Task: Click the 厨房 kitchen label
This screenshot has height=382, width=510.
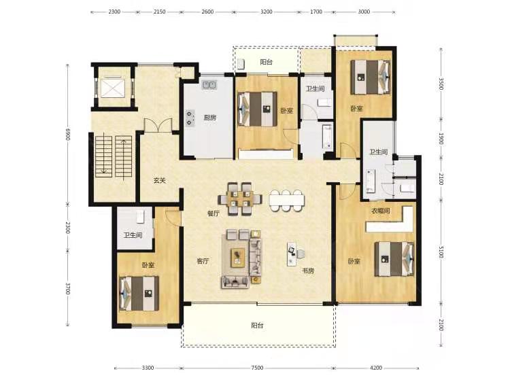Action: [x=210, y=118]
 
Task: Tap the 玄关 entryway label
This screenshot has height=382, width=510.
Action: [x=160, y=180]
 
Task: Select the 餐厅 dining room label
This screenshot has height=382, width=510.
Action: [x=214, y=213]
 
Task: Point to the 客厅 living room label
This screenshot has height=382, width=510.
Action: [x=203, y=261]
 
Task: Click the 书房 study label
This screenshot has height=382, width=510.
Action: [x=308, y=271]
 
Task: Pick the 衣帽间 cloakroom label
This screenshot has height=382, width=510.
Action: [x=381, y=211]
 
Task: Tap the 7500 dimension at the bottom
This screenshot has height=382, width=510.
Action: [x=257, y=368]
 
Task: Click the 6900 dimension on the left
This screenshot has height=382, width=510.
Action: [x=67, y=135]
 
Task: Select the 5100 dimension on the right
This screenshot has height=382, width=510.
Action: [x=441, y=251]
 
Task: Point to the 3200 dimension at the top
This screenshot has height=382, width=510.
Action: [x=267, y=12]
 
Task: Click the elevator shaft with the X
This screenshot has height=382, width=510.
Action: [x=112, y=87]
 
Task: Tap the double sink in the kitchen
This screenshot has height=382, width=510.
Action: [x=210, y=85]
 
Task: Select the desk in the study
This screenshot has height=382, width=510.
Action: [x=292, y=254]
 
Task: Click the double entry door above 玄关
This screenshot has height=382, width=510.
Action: [x=158, y=125]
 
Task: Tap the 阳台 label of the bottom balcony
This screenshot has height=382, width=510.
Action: [x=257, y=326]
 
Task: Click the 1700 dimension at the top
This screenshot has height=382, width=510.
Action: [x=316, y=12]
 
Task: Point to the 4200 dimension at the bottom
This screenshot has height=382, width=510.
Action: [x=376, y=368]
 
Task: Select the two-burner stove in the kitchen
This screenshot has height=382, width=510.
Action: [x=190, y=118]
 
